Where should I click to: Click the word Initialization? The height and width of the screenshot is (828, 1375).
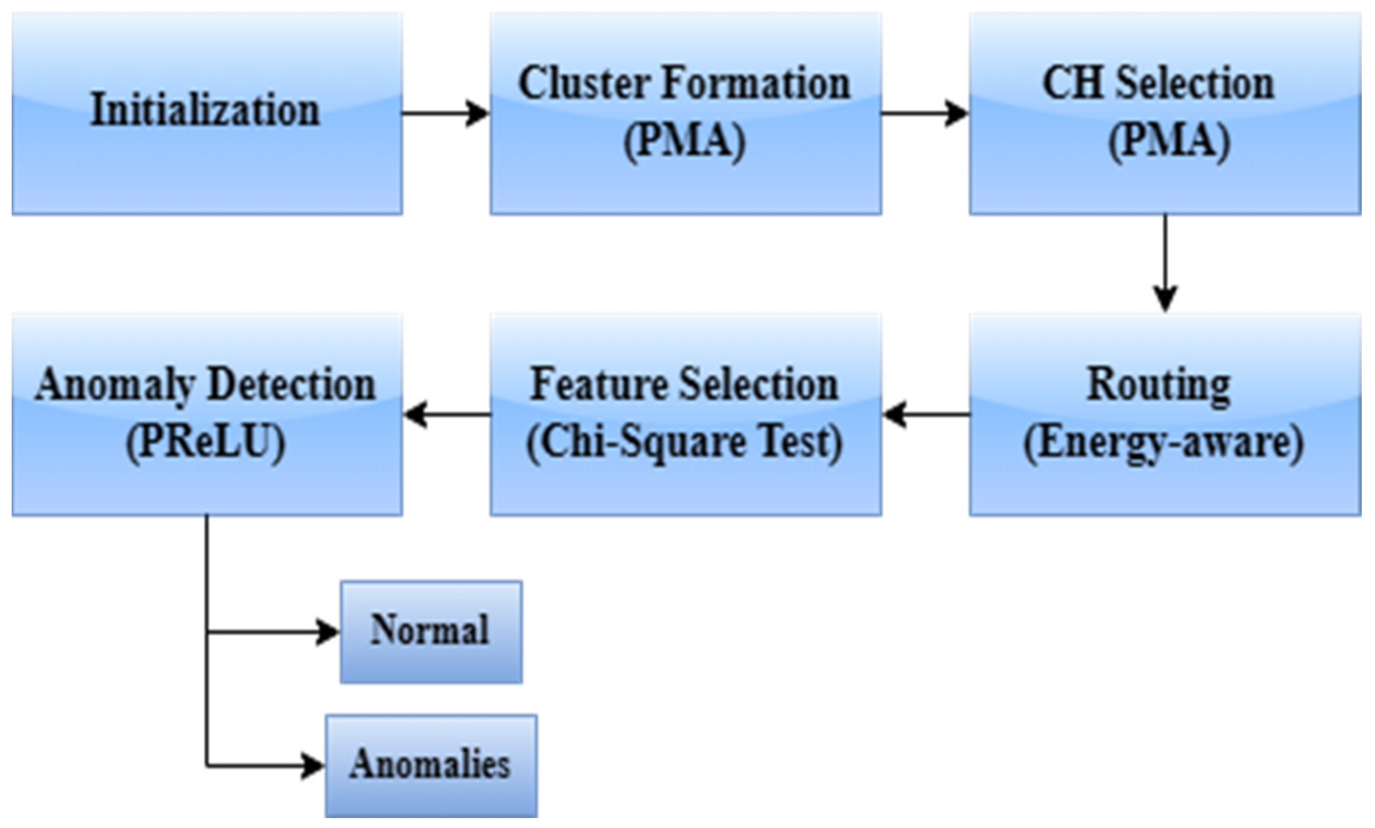click(205, 110)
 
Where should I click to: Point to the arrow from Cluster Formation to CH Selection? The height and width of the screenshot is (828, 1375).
click(924, 113)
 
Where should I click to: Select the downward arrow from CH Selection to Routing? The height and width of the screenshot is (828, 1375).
click(1165, 262)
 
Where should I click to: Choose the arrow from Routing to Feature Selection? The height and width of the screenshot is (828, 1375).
click(926, 414)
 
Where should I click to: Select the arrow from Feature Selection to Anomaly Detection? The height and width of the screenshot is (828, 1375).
click(446, 414)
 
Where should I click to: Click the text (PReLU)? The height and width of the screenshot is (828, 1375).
click(205, 442)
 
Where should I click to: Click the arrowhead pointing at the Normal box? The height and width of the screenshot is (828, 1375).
click(328, 632)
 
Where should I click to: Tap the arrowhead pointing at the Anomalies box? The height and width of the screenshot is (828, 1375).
click(313, 766)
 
